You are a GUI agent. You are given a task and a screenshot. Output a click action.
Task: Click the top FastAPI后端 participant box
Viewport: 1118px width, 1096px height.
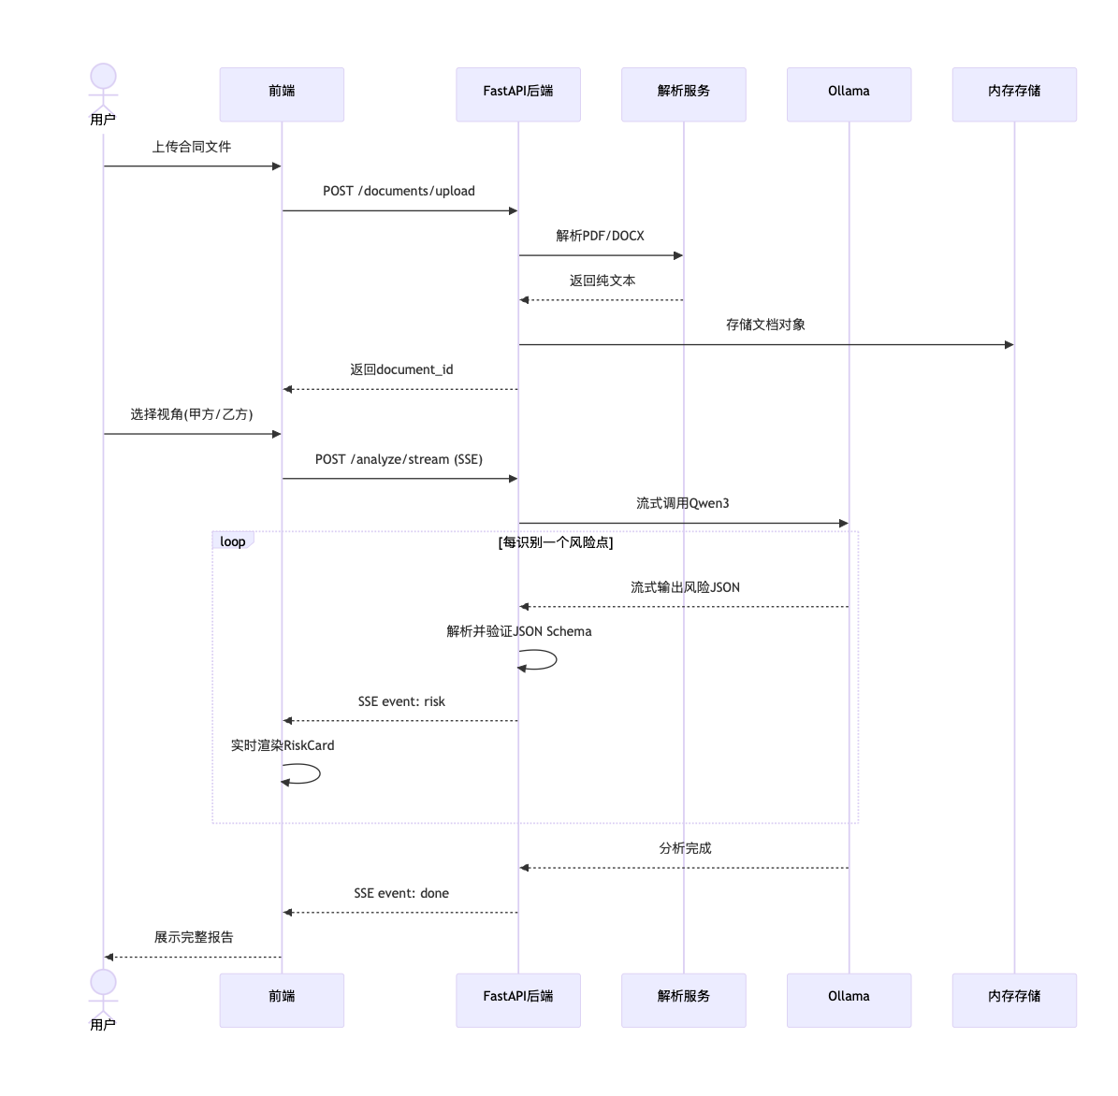pos(518,94)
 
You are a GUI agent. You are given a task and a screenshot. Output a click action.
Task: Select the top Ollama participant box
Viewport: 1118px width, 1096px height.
pos(849,94)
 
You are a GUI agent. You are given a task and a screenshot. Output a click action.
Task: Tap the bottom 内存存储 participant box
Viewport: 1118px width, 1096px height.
pos(1014,1000)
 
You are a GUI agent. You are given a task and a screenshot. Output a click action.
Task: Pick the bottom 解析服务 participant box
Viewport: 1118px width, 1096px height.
pos(684,1000)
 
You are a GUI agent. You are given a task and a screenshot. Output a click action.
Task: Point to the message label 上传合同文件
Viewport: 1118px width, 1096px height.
pos(192,147)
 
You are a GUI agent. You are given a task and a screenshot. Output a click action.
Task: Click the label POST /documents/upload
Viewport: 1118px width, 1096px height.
pos(399,191)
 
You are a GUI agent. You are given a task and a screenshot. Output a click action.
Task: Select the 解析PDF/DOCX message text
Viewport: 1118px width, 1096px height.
pos(601,236)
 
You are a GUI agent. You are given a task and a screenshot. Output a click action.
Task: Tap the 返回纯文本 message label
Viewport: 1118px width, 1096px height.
pos(603,281)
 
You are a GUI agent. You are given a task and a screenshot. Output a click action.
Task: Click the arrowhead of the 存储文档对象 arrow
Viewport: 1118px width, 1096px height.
pos(1009,345)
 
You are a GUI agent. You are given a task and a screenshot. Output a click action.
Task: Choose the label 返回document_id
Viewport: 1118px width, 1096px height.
pos(401,369)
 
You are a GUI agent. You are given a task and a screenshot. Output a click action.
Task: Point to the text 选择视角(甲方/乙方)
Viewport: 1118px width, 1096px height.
pos(192,414)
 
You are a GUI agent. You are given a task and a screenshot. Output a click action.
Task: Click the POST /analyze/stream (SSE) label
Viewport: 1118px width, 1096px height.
pos(399,459)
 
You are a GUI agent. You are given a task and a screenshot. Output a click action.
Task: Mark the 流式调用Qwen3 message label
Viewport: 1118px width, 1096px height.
pos(683,503)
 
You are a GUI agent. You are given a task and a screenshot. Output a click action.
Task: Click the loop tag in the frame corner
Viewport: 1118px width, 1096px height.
pos(232,541)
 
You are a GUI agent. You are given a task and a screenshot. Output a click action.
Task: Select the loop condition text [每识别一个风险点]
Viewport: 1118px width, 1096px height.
pos(556,542)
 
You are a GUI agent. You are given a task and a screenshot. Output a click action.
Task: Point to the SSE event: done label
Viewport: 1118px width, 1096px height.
pos(401,893)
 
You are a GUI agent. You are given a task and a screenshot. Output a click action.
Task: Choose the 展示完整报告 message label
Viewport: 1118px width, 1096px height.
pos(194,937)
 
